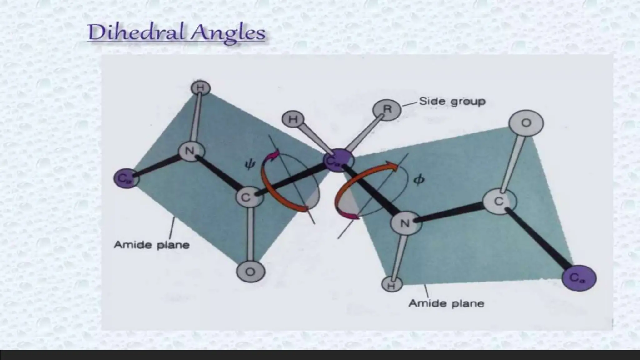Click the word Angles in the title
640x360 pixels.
click(x=228, y=34)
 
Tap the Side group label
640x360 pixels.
click(x=452, y=101)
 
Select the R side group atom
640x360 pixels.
click(x=387, y=110)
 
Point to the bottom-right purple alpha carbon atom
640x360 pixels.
click(x=579, y=277)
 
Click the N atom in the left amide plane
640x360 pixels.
click(x=191, y=152)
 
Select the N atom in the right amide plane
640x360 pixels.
click(x=406, y=223)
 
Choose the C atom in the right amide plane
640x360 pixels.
click(x=499, y=201)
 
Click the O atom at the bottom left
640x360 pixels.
click(x=250, y=272)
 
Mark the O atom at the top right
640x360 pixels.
click(x=526, y=123)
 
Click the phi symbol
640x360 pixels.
click(x=419, y=180)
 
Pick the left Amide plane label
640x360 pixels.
click(x=152, y=245)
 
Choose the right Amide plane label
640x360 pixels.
click(x=447, y=303)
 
